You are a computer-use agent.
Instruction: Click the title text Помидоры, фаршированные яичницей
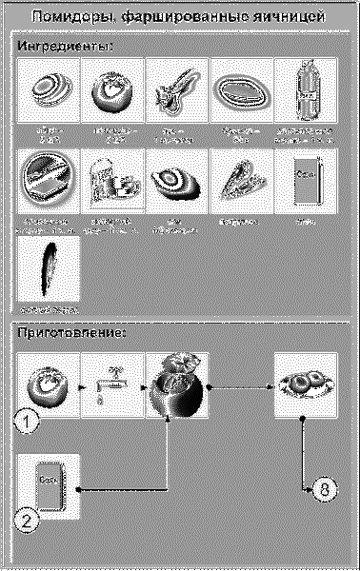tap(180, 17)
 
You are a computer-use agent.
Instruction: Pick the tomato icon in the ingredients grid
tap(113, 89)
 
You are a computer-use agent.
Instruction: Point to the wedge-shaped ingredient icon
tap(242, 181)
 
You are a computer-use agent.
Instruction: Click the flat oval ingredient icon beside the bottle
tap(242, 89)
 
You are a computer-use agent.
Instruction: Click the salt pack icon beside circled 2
tap(48, 486)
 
